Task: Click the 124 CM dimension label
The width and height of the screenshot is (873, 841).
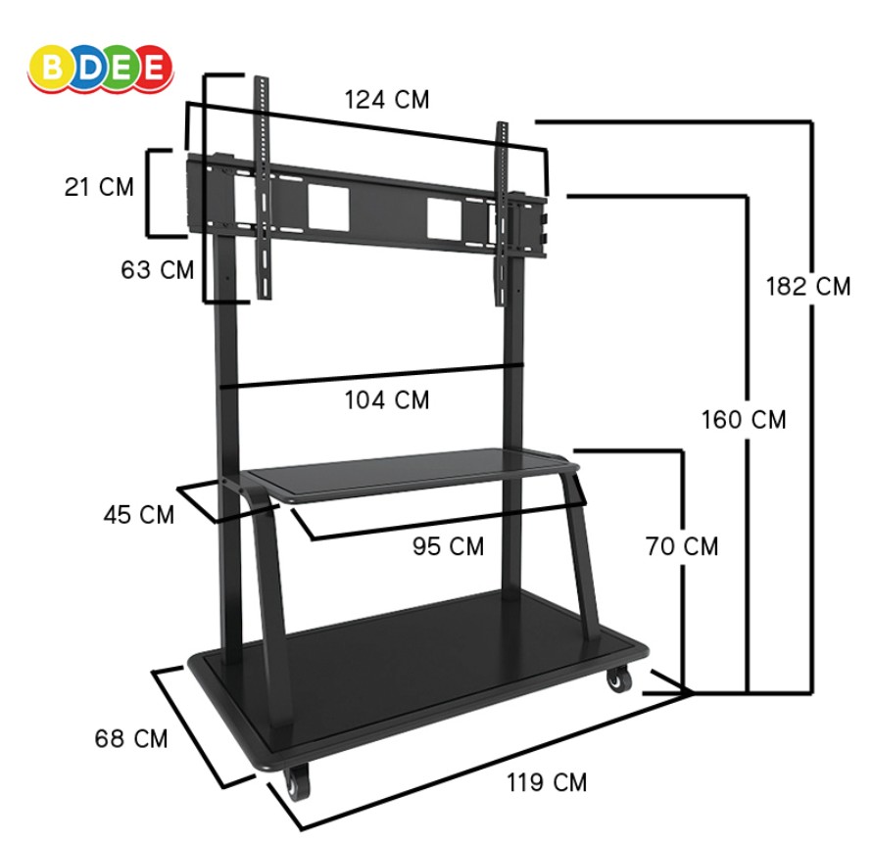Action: [386, 100]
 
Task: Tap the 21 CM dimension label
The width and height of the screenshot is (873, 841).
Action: [99, 187]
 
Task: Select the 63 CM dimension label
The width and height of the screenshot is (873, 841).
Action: [158, 270]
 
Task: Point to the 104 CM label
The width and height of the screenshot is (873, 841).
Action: [386, 399]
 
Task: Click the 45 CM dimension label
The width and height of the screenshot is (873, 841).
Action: [139, 514]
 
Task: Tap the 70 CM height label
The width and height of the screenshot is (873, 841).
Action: [682, 546]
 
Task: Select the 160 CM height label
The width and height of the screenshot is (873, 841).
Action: [744, 420]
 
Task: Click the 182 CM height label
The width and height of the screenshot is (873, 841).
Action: [808, 287]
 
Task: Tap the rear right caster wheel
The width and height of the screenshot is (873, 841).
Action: [616, 677]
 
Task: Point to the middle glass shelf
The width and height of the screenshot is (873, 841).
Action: [412, 472]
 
